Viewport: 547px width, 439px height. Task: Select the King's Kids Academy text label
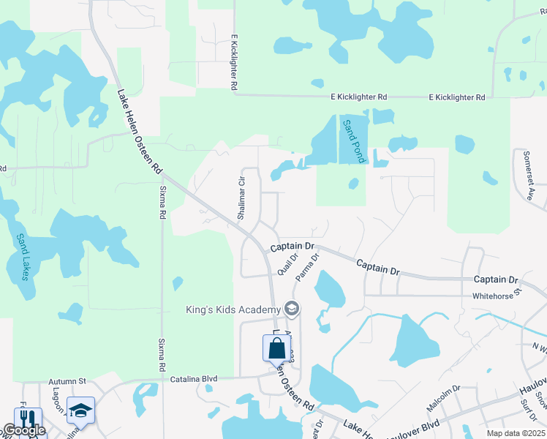coord(233,309)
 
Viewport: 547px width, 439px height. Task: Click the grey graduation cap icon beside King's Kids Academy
coord(293,309)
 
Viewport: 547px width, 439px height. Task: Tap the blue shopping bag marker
coord(276,348)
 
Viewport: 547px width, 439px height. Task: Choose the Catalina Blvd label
coord(194,379)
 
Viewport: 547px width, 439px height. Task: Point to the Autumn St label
coord(68,381)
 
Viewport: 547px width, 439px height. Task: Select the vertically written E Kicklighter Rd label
coord(235,62)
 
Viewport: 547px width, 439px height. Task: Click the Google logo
coord(24,431)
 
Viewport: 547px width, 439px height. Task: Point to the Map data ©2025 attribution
coord(514,432)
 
